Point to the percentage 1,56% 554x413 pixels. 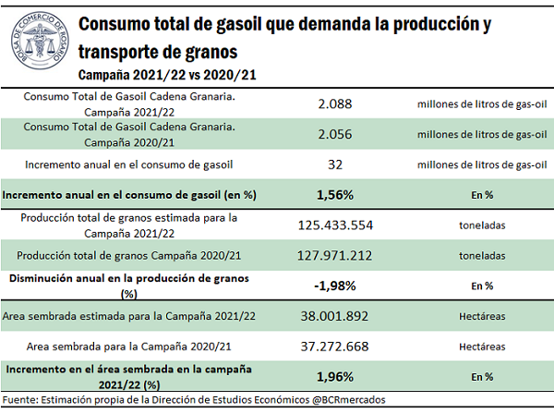[335, 196]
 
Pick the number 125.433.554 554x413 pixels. [335, 225]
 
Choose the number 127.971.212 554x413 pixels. [335, 255]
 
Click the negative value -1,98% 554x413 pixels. [335, 285]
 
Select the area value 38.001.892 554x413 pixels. [335, 316]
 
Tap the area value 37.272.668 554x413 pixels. [335, 346]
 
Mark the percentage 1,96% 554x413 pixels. [335, 376]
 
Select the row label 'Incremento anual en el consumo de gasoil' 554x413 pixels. [127, 165]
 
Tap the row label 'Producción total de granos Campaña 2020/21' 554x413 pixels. [127, 255]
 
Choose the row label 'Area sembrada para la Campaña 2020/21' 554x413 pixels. [127, 346]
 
